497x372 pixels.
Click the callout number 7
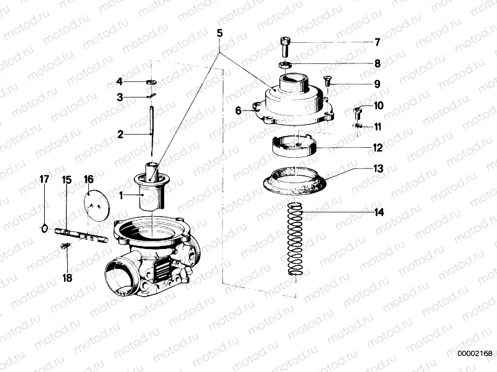(377, 43)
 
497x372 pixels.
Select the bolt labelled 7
(285, 47)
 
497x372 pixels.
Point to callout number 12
(378, 148)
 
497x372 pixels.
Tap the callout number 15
(67, 180)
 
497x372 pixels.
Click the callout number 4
(120, 81)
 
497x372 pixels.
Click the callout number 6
(238, 111)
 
